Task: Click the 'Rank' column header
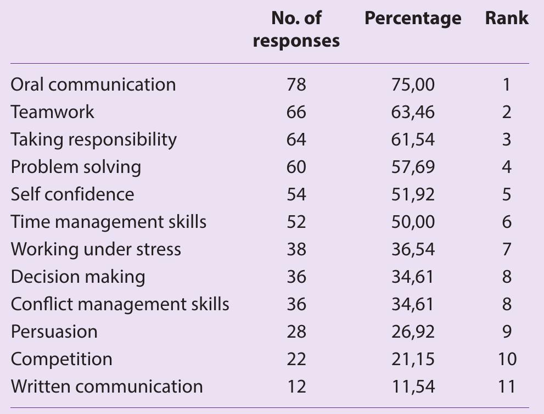(x=507, y=19)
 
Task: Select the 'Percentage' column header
(x=413, y=19)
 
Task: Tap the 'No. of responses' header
(x=296, y=30)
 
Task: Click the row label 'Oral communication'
(x=93, y=85)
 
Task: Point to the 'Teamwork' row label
(x=53, y=112)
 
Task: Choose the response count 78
(x=296, y=85)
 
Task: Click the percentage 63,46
(x=413, y=112)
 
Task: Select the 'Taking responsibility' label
(x=94, y=139)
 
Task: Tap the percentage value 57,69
(x=413, y=167)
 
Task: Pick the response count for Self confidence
(x=296, y=194)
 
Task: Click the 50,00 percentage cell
(x=413, y=222)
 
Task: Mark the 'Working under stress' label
(x=96, y=249)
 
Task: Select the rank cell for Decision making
(x=507, y=277)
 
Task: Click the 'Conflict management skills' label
(x=120, y=304)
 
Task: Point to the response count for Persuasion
(x=296, y=332)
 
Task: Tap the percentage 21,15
(x=413, y=359)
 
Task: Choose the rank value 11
(x=507, y=387)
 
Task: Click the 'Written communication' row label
(x=107, y=387)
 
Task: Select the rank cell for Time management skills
(x=507, y=222)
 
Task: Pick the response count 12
(x=296, y=387)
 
